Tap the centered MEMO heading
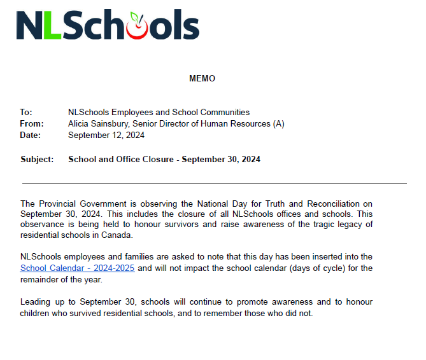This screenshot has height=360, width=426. (x=202, y=79)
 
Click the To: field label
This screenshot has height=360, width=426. (x=26, y=113)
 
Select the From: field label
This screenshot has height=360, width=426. (x=31, y=124)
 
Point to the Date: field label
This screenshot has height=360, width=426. (x=31, y=135)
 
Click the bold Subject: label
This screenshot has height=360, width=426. (x=37, y=160)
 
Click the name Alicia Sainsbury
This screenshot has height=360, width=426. (x=99, y=124)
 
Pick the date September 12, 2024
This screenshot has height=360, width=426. (x=106, y=135)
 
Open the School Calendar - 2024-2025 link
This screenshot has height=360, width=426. (x=77, y=268)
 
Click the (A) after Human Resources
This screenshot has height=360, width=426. (x=278, y=124)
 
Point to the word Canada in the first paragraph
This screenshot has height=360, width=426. (x=118, y=235)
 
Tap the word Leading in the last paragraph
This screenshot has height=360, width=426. (x=36, y=301)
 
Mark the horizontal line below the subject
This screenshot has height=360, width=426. (x=213, y=183)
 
